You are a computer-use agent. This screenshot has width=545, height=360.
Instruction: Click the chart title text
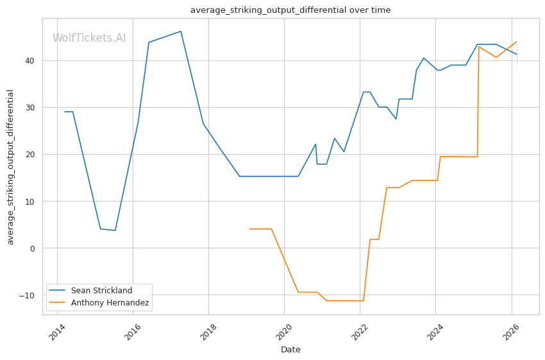tap(290, 10)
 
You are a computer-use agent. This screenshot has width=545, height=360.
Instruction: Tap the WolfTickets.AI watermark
tap(89, 38)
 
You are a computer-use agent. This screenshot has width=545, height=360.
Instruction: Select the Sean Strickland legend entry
tap(101, 291)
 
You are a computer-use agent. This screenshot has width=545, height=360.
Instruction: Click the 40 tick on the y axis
tap(29, 61)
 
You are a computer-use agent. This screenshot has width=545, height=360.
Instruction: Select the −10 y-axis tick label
tap(27, 295)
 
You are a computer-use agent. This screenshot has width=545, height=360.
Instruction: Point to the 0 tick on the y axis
tap(32, 248)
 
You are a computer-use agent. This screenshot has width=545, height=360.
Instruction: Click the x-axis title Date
tap(290, 350)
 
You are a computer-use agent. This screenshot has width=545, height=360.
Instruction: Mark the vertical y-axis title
tap(10, 167)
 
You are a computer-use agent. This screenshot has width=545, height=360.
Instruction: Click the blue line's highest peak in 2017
tap(181, 31)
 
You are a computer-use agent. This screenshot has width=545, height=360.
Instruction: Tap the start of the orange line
tap(249, 229)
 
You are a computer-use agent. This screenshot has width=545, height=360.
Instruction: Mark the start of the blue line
tap(65, 112)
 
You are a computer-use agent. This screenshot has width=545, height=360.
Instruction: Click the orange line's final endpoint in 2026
tap(517, 42)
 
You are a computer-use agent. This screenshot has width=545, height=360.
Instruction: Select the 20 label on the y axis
tap(29, 155)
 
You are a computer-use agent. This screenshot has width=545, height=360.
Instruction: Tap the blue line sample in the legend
tap(57, 291)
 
